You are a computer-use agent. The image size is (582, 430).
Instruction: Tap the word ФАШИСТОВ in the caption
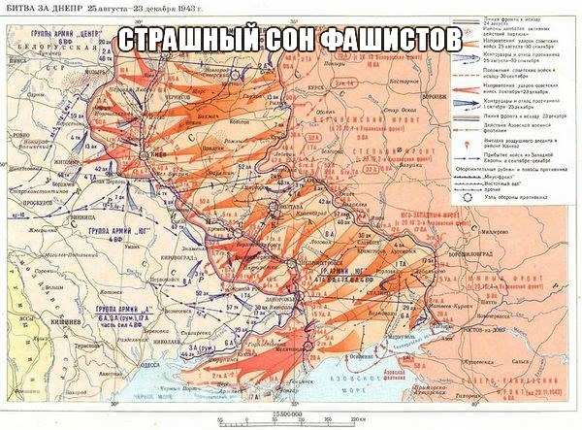coord(404,40)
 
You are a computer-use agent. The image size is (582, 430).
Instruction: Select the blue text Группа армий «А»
coord(116,309)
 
